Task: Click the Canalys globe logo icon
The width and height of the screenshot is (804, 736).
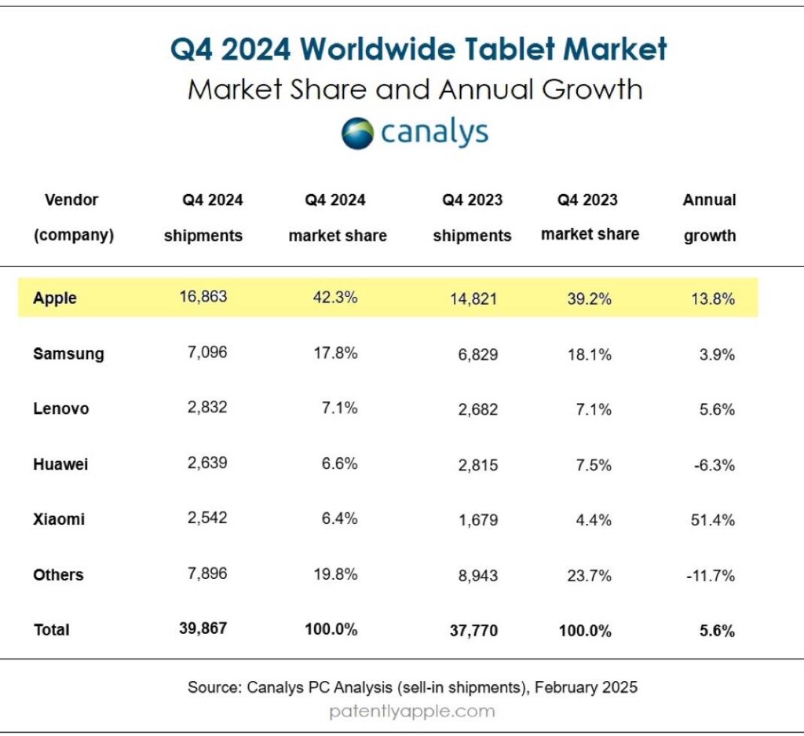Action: click(x=357, y=134)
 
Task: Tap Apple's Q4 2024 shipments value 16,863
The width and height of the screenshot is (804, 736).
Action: click(x=203, y=296)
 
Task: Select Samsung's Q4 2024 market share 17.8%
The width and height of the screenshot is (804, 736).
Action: click(x=335, y=353)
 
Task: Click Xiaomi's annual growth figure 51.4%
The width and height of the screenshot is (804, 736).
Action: click(x=713, y=520)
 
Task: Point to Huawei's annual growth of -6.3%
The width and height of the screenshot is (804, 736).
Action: click(x=714, y=465)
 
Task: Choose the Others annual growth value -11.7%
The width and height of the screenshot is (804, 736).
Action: click(x=711, y=576)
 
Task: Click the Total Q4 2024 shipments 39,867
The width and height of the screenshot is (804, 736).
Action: click(x=203, y=628)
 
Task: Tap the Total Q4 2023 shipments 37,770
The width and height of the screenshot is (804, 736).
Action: click(x=473, y=630)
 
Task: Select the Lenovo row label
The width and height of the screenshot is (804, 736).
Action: click(x=61, y=408)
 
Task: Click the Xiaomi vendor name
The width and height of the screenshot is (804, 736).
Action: click(x=59, y=519)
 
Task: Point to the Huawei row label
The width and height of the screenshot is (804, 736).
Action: click(x=60, y=464)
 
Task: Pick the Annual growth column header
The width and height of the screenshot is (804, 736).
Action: click(x=710, y=218)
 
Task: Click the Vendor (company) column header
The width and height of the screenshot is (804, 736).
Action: click(x=73, y=218)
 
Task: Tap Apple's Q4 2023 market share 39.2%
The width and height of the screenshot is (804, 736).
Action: click(x=589, y=298)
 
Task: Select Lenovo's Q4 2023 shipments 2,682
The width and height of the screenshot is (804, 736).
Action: click(x=478, y=409)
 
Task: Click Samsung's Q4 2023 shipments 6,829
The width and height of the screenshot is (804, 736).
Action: click(x=478, y=354)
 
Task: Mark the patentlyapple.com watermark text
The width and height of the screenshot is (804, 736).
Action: click(x=412, y=712)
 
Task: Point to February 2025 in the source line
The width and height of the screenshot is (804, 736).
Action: click(x=586, y=687)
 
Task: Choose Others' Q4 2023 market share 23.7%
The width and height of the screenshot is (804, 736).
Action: click(x=589, y=576)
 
